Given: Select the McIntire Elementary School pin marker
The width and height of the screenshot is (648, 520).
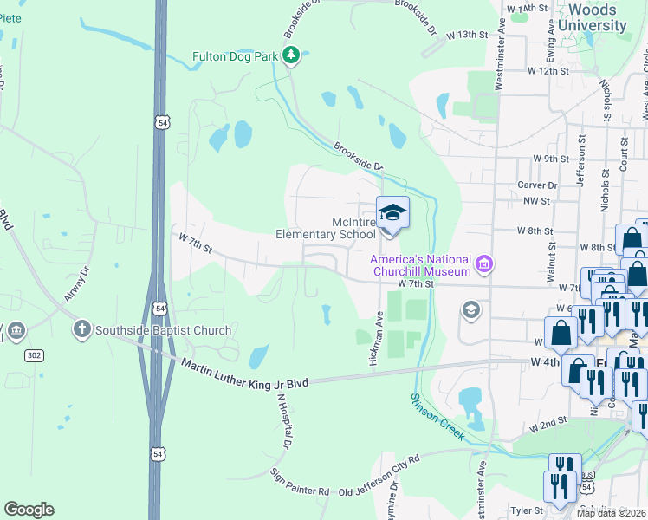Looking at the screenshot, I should coord(392,213).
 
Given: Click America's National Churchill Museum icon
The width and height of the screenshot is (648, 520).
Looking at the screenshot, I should coord(484,262).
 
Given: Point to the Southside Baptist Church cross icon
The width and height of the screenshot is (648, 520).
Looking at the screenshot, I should coord(82,329).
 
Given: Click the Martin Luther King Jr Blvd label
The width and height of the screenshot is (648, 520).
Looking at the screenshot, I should coord(246,372).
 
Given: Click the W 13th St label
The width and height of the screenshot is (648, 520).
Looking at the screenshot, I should coord(468,34).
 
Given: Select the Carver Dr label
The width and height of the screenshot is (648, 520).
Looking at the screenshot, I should coord(537,185).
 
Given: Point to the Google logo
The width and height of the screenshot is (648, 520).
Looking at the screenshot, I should coord(29,509).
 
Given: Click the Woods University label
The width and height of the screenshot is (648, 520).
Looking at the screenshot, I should coord(593,17).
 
